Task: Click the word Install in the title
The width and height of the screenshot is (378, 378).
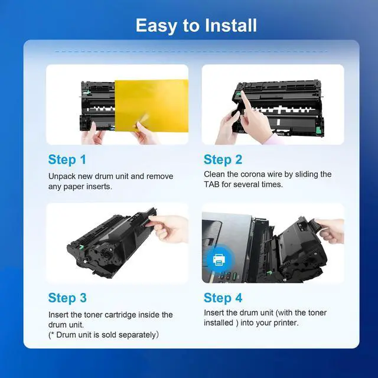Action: tap(231, 25)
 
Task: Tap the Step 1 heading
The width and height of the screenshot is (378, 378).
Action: tap(67, 160)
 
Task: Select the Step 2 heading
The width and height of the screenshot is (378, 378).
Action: tap(223, 160)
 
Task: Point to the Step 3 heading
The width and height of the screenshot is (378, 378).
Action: tap(67, 298)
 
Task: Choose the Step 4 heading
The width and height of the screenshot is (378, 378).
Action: tap(223, 298)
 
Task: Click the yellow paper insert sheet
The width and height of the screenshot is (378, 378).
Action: tap(151, 105)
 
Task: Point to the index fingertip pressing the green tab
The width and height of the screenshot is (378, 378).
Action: tap(243, 93)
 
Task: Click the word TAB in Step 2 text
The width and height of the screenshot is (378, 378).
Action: tap(211, 185)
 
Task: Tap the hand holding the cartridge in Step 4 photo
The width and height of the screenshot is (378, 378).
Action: tap(330, 231)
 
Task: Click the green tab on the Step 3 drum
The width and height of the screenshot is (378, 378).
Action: tap(82, 247)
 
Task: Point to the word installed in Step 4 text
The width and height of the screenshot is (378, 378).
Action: tap(219, 323)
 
